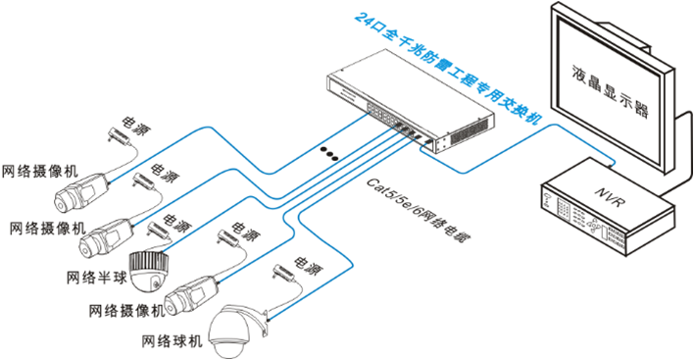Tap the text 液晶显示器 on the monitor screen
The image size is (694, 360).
click(610, 91)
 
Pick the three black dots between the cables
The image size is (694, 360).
click(329, 153)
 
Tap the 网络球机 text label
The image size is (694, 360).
click(172, 341)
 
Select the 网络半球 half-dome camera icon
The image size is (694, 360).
click(149, 272)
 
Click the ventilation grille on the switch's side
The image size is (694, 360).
click(471, 131)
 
